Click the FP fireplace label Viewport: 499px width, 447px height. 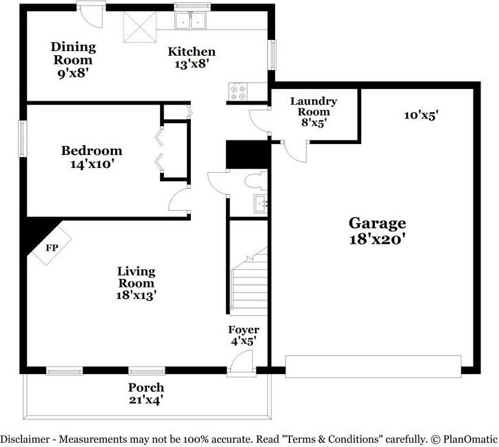[x=51, y=247]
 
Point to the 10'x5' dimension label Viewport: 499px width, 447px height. [x=421, y=115]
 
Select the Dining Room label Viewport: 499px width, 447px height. [x=73, y=48]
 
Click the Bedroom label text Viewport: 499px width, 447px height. [x=92, y=151]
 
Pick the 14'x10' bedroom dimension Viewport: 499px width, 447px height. [x=92, y=165]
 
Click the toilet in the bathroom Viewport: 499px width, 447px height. [x=254, y=182]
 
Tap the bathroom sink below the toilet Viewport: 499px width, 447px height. [x=261, y=203]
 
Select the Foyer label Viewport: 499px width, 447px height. [x=244, y=330]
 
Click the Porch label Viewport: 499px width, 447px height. [x=145, y=387]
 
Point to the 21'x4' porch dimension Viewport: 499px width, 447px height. [x=145, y=399]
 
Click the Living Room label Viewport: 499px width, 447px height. [x=136, y=277]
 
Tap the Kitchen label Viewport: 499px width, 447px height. [x=192, y=52]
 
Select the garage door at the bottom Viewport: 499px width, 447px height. [x=373, y=366]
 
